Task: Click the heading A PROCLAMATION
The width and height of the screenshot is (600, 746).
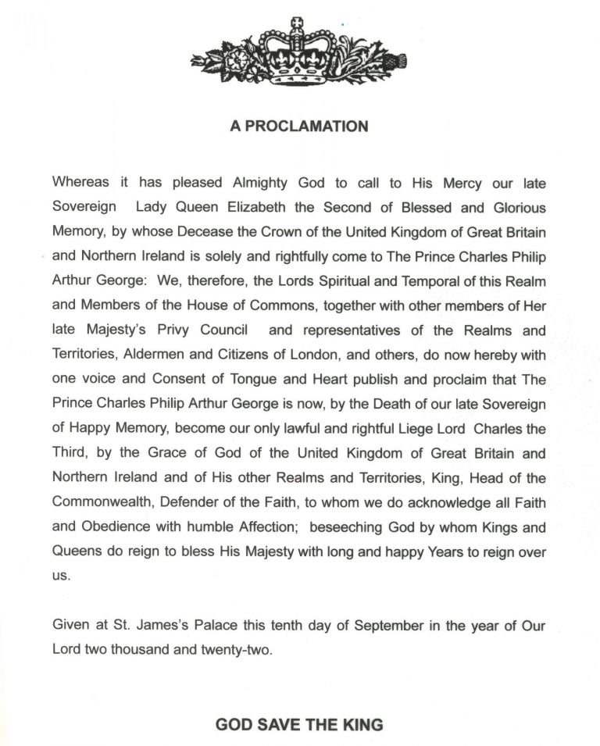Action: [x=299, y=126]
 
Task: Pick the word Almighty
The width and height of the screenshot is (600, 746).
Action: [x=261, y=183]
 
